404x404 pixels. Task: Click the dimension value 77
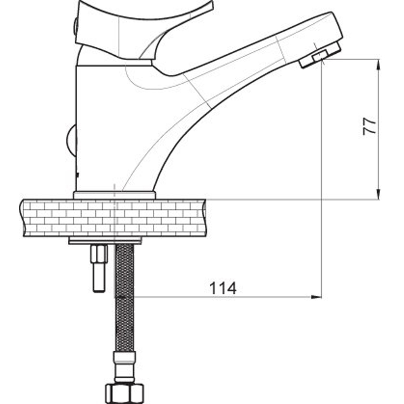(x=370, y=126)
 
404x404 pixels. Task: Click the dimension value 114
(x=223, y=288)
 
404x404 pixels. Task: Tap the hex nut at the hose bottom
(x=124, y=393)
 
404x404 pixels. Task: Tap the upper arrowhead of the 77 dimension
(x=378, y=64)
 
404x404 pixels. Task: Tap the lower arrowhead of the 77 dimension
(x=378, y=194)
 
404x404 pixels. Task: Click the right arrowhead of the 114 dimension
(x=316, y=297)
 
